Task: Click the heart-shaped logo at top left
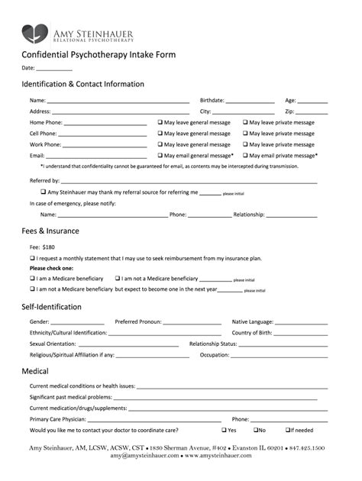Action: point(34,33)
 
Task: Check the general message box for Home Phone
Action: point(160,122)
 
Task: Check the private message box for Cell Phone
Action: point(246,133)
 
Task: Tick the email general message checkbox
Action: point(160,155)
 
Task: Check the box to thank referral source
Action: point(43,192)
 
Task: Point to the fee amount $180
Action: point(48,247)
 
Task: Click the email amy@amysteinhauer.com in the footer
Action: point(144,456)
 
